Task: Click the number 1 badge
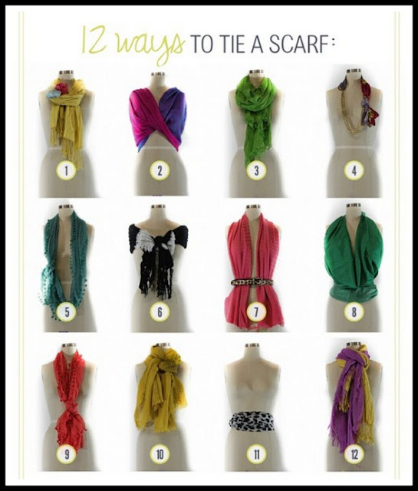click(x=66, y=170)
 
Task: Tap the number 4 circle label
click(x=354, y=170)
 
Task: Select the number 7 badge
click(x=256, y=311)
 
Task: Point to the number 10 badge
click(x=160, y=454)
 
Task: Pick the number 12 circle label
click(x=354, y=454)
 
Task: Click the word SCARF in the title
click(x=295, y=44)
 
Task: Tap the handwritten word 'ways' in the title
click(x=150, y=47)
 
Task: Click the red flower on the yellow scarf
click(x=62, y=87)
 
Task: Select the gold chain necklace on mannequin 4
click(x=348, y=113)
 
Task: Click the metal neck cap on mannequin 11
click(x=252, y=345)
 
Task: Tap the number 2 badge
click(x=160, y=170)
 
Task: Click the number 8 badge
click(x=354, y=311)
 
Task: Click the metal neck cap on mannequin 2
click(x=158, y=74)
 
